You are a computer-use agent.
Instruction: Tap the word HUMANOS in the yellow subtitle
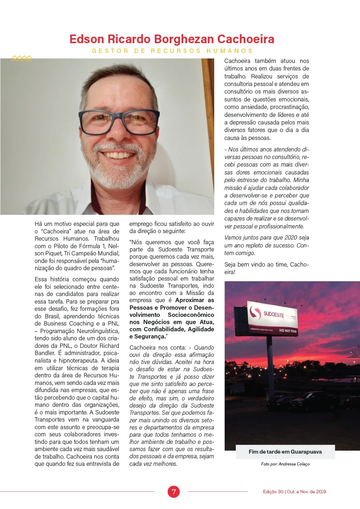[x=230, y=51]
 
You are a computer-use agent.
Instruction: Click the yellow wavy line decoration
[x=22, y=58]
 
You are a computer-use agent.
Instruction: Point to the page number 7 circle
[x=174, y=491]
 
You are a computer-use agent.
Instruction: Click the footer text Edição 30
[x=273, y=492]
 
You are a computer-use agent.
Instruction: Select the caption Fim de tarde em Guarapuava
[x=285, y=452]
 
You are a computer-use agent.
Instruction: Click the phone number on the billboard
[x=288, y=331]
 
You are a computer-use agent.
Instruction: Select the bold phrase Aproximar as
[x=194, y=300]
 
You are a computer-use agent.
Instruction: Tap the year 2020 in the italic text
[x=290, y=238]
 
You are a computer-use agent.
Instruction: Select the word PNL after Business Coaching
[x=113, y=323]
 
